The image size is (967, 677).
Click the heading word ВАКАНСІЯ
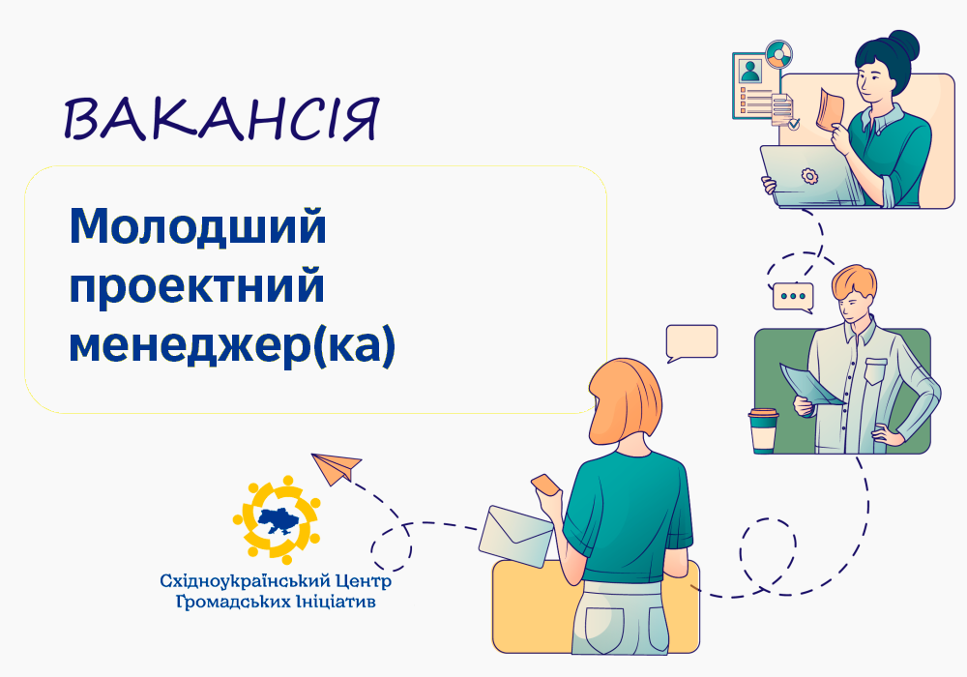(x=220, y=118)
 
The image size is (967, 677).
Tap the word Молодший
(x=197, y=227)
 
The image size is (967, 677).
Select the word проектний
(x=196, y=286)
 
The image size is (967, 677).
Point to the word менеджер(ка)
(x=232, y=346)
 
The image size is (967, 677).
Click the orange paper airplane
(x=335, y=468)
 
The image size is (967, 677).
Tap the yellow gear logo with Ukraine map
(x=277, y=519)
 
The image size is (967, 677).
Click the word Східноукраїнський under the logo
(x=240, y=581)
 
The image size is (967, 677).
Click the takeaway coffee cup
(x=763, y=430)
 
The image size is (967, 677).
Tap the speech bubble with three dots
(x=794, y=298)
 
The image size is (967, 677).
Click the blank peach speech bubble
(x=691, y=342)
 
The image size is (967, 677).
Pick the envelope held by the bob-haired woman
(x=515, y=536)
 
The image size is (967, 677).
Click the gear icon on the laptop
(x=809, y=176)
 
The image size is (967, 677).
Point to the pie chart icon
(x=778, y=55)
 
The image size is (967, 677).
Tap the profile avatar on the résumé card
(x=750, y=71)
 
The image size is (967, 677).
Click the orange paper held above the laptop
(x=829, y=109)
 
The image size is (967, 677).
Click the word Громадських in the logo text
(x=233, y=602)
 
